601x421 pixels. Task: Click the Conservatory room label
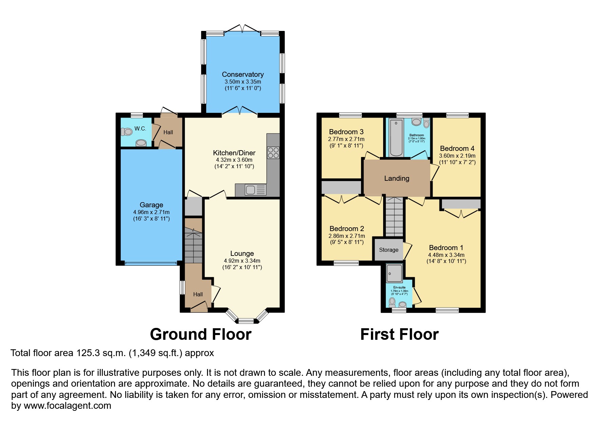(x=243, y=74)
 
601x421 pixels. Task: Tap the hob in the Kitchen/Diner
(x=273, y=153)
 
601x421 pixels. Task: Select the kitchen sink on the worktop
(x=251, y=190)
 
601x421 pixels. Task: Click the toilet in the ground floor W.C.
(x=127, y=131)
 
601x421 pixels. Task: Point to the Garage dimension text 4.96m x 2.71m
(x=151, y=212)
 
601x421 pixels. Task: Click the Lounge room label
(x=242, y=253)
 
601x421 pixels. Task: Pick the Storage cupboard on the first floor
(x=389, y=250)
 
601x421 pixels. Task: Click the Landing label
(x=396, y=178)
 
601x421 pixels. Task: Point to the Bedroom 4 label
(x=457, y=148)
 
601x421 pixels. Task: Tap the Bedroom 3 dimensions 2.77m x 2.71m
(x=346, y=139)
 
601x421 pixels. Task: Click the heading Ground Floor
(x=201, y=334)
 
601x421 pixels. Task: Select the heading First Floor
(x=399, y=334)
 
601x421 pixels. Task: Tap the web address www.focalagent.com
(x=68, y=406)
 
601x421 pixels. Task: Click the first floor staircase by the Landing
(x=395, y=217)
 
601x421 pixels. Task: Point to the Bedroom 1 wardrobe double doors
(x=461, y=213)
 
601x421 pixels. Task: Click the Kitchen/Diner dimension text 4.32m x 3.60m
(x=234, y=160)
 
